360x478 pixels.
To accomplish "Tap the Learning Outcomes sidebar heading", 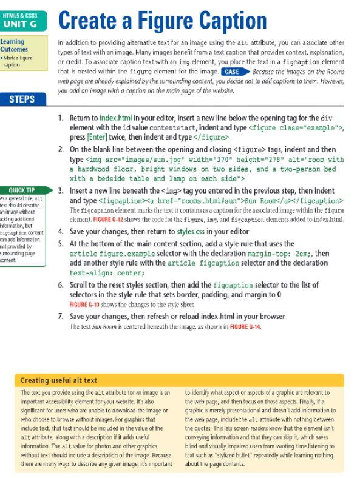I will tap(18, 46).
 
